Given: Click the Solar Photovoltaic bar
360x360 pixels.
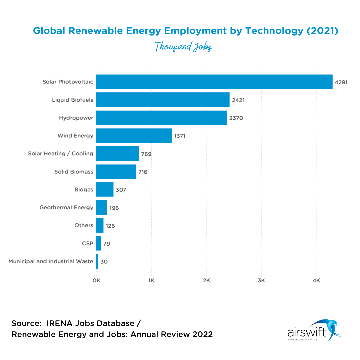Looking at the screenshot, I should pos(214,82).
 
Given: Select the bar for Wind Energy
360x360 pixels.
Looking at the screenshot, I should pos(134,136).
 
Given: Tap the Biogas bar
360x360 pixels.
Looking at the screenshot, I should pos(105,190).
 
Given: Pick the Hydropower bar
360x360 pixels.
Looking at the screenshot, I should pos(161,118).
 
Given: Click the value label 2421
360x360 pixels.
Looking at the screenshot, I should pos(238,100).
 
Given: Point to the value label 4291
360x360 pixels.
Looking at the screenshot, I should pos(341,82).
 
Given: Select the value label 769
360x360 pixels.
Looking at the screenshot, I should pos(146,154).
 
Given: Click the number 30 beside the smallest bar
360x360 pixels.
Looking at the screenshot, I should pos(104,262).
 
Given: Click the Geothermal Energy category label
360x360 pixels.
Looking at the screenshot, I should pos(66,208).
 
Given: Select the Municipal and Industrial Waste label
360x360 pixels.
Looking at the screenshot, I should pos(51,262).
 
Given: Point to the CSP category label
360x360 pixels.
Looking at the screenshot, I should pos(87,244).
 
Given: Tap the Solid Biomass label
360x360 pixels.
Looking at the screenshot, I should pos(74,172).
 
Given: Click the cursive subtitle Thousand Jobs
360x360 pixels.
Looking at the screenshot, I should pos(184,47).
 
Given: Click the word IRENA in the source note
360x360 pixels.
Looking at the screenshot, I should pos(59,323).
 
